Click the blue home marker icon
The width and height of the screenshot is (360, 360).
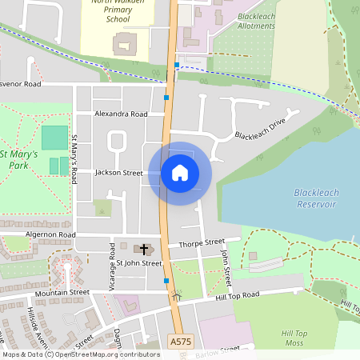pyautogui.click(x=180, y=173)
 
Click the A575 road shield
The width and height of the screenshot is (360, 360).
pyautogui.click(x=181, y=342)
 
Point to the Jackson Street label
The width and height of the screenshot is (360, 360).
pyautogui.click(x=118, y=173)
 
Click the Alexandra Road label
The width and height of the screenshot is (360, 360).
pyautogui.click(x=121, y=114)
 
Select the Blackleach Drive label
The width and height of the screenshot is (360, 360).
pyautogui.click(x=260, y=130)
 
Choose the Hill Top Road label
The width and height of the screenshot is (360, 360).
pyautogui.click(x=238, y=295)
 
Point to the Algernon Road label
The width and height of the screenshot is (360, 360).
pyautogui.click(x=50, y=234)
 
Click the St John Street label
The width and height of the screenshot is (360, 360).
pyautogui.click(x=139, y=263)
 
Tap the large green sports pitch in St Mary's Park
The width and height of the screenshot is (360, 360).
pyautogui.click(x=54, y=138)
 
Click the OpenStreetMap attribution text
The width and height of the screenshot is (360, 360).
pyautogui.click(x=80, y=354)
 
